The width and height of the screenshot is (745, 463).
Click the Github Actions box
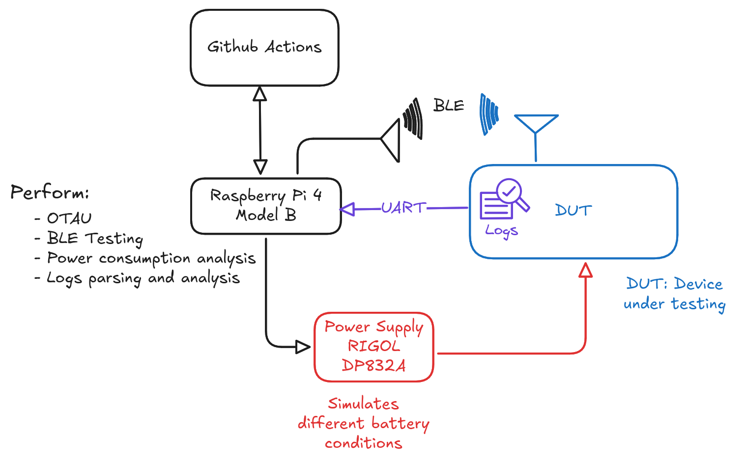pos(264,48)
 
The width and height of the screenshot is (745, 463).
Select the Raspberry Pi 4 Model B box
pos(266,206)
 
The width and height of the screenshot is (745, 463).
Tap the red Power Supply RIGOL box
pos(374,347)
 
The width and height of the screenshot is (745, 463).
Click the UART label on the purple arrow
pos(403,208)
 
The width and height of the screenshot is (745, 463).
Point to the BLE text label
pos(449,106)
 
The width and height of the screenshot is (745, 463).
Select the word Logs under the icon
pos(501,230)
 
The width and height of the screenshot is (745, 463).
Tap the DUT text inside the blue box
pos(573,211)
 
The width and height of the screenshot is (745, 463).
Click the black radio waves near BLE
pos(413,118)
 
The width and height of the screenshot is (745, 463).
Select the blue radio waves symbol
pos(488,114)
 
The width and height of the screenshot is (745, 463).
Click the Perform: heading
pos(50,192)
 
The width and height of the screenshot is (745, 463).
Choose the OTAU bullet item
pos(69,218)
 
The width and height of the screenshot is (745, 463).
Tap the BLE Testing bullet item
pos(94,239)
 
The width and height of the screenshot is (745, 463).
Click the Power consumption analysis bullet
pos(151,259)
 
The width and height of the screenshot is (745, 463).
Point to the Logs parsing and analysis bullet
pos(143,278)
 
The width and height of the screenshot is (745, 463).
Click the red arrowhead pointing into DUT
pos(585,271)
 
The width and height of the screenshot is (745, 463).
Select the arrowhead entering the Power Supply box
pos(302,347)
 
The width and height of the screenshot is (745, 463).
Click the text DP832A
pos(373,366)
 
